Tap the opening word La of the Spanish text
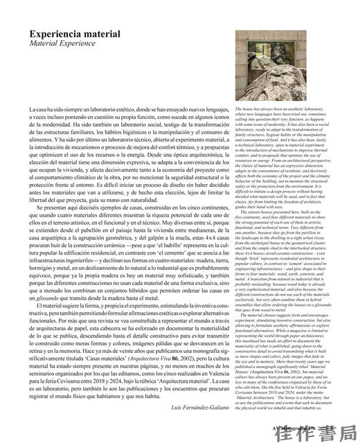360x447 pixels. pos(33,110)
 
